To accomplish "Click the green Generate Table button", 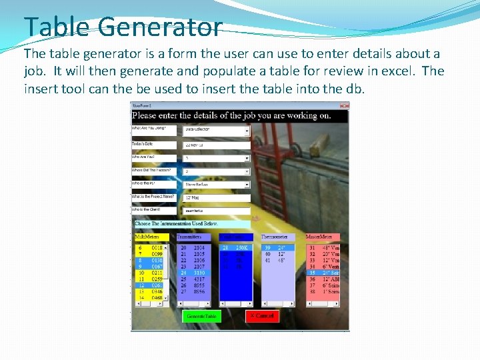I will [201, 316].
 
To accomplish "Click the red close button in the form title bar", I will [344, 105].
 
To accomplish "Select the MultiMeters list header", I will [148, 237].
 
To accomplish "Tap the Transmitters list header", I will [193, 237].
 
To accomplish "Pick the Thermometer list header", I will [277, 237].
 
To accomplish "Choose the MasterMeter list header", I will [323, 237].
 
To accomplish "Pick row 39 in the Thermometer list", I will [277, 247].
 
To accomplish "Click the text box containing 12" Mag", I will [217, 198].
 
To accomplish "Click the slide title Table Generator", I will [123, 27].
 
